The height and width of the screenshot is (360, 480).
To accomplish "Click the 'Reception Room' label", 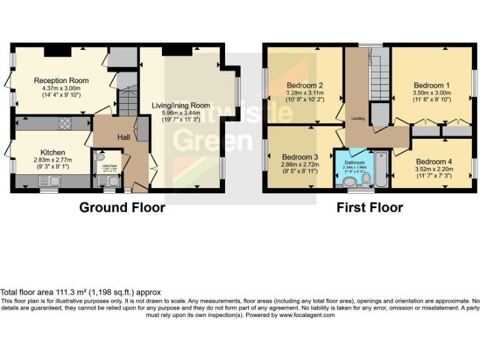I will click(x=61, y=81).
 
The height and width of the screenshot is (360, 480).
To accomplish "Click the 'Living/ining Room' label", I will click(x=181, y=106).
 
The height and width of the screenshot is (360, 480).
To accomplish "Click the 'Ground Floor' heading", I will click(x=122, y=207).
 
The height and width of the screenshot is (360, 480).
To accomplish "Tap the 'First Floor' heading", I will click(x=369, y=207).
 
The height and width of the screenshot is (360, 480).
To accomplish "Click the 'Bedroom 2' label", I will click(x=304, y=86).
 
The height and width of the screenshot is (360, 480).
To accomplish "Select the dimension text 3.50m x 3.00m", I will click(x=431, y=92).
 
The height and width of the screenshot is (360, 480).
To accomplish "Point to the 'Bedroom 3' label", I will click(x=300, y=157).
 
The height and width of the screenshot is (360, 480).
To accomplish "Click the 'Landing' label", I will click(x=358, y=118).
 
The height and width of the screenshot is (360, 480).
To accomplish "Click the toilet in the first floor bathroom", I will click(x=366, y=180).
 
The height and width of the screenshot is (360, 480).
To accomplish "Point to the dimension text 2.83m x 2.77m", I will click(x=52, y=160).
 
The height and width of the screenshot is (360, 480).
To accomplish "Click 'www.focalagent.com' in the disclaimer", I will click(x=307, y=315).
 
